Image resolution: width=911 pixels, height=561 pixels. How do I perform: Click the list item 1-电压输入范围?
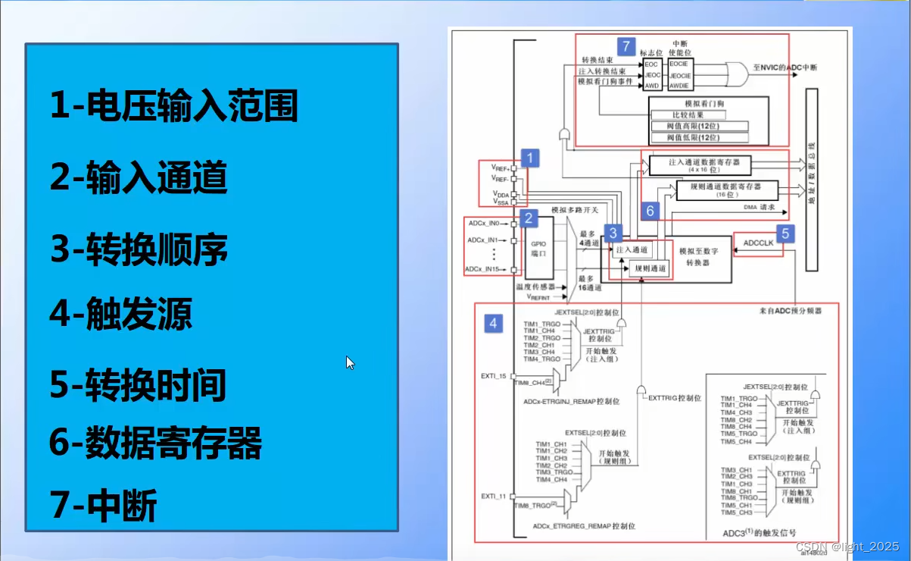173,105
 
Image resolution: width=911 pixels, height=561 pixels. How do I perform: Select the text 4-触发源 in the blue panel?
121,313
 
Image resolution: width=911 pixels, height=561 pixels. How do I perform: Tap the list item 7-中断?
103,506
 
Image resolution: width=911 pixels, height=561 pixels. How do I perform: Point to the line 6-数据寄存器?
155,443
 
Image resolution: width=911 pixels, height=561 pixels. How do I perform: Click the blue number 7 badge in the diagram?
626,46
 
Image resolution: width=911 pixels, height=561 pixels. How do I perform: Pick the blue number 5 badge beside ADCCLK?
785,233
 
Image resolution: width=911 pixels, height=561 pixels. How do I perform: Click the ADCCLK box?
758,244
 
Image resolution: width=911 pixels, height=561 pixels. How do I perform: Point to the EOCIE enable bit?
679,65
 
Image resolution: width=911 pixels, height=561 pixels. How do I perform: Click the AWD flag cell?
652,86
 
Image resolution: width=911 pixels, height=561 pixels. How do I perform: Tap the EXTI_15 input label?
493,375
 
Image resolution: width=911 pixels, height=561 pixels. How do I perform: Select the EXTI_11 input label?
493,496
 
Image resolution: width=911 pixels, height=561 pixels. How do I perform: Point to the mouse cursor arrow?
350,362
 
